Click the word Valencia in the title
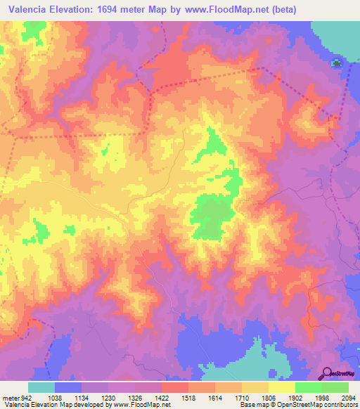click(x=29, y=9)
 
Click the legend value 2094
click(x=349, y=396)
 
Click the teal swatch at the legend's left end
click(x=41, y=387)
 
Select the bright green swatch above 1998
click(x=308, y=387)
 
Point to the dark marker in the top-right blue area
click(x=337, y=64)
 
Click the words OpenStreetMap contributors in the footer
click(x=320, y=404)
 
